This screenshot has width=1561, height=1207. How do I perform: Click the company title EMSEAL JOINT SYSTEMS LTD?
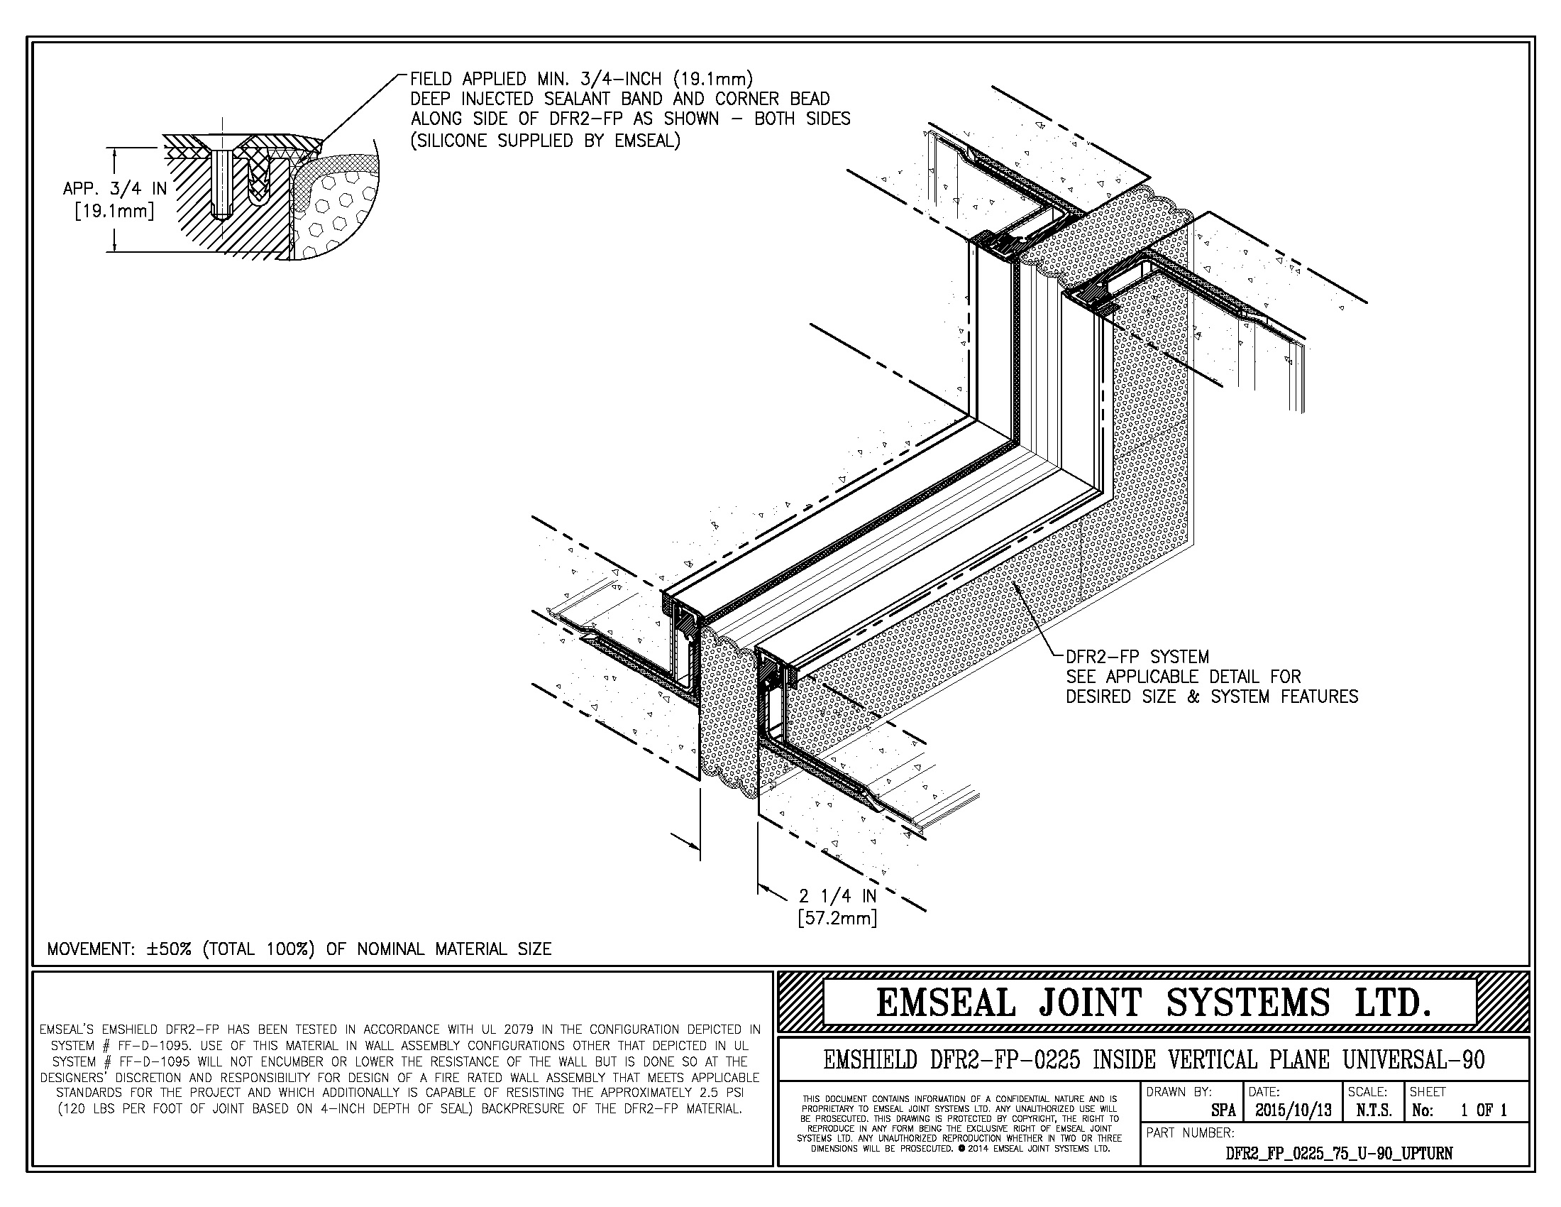[1153, 1003]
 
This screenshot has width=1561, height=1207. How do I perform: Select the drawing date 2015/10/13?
[1292, 1110]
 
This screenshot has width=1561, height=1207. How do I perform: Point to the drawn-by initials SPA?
[1224, 1110]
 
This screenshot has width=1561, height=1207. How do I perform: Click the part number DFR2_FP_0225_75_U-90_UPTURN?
[1339, 1152]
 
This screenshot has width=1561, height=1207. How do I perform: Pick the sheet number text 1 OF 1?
[1482, 1110]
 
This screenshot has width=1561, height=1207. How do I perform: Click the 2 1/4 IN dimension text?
[837, 896]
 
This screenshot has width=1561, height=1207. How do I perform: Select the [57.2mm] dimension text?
[837, 917]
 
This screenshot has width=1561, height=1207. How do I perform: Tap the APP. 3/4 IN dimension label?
[114, 189]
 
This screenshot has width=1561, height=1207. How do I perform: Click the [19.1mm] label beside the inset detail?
[114, 212]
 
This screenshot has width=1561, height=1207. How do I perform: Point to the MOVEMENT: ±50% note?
[299, 949]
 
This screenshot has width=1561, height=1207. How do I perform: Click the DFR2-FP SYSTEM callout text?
[1137, 657]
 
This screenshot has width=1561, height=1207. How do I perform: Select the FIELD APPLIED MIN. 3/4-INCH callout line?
[581, 78]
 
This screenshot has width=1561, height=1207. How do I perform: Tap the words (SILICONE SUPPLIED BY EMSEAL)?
[545, 141]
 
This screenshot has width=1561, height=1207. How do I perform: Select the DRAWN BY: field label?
[1179, 1092]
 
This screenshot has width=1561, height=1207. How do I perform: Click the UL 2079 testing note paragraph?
[399, 1069]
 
